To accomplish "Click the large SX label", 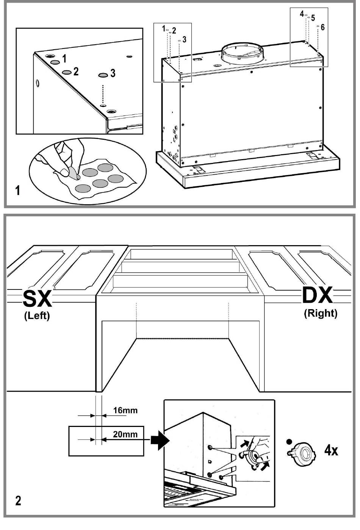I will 37,299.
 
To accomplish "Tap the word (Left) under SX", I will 37,316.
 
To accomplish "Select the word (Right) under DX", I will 320,313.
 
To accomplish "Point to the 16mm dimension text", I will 125,410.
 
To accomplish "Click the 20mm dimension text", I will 125,434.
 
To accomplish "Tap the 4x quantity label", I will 331,450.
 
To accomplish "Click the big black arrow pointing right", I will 160,440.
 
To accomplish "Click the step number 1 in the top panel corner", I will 17,191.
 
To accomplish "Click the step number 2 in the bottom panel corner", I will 18,501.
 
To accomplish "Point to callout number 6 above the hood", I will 322,27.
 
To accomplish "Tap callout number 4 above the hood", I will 302,14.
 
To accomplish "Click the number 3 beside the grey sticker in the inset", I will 113,73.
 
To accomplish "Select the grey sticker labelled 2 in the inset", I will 67,72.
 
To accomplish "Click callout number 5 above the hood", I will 313,18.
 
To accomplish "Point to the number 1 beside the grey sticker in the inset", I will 64,59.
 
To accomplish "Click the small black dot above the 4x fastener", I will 289,441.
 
